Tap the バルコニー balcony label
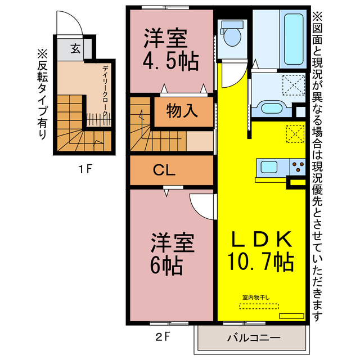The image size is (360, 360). (250, 339)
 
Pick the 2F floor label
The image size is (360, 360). (163, 337)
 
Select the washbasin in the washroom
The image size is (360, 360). (272, 108)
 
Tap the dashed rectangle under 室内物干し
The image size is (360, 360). (259, 306)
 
